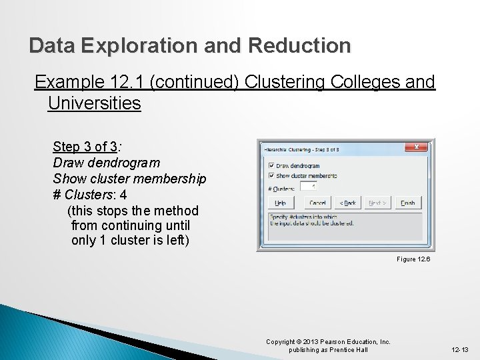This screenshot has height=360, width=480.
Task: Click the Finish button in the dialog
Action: pos(408,203)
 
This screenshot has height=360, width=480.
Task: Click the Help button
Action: pos(280,203)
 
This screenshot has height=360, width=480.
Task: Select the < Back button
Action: pos(347,203)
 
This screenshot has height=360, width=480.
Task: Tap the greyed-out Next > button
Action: pos(377,203)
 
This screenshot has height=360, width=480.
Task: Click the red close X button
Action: pos(417,147)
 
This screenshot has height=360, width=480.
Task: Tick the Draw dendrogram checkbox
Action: pos(271,165)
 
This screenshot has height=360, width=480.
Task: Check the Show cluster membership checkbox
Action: pos(271,176)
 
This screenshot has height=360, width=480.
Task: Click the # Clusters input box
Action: pos(309,187)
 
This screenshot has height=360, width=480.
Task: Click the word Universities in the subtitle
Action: pos(95,103)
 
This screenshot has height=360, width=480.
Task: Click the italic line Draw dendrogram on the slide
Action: pos(107,163)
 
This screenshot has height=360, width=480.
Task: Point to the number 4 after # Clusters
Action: pos(123,195)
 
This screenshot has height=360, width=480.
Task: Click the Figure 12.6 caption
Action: pos(413,259)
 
